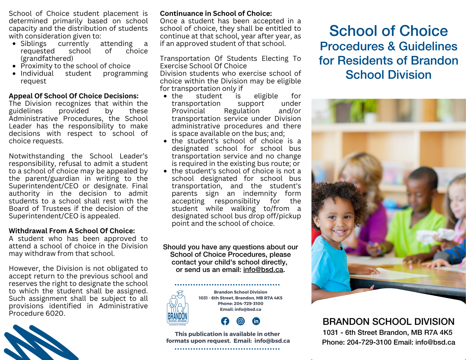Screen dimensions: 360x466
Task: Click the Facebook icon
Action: [x=225, y=321]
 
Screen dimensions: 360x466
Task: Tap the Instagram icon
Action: [x=241, y=321]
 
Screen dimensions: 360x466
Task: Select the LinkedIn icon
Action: [x=256, y=321]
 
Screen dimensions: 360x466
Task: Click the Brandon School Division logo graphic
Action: [x=178, y=308]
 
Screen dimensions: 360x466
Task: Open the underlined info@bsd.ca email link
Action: [x=263, y=270]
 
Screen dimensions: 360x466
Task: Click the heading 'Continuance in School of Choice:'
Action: [x=216, y=13]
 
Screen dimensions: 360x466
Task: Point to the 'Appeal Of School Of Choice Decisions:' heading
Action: [x=74, y=96]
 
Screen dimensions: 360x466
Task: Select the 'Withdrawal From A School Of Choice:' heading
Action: [x=72, y=231]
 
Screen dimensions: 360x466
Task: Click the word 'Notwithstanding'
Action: [x=37, y=156]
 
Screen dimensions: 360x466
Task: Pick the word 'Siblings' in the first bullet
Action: [x=33, y=43]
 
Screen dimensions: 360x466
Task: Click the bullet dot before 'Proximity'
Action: [x=14, y=66]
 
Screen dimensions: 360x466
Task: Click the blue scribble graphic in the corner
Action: [x=38, y=344]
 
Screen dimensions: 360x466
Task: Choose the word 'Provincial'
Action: [x=188, y=111]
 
